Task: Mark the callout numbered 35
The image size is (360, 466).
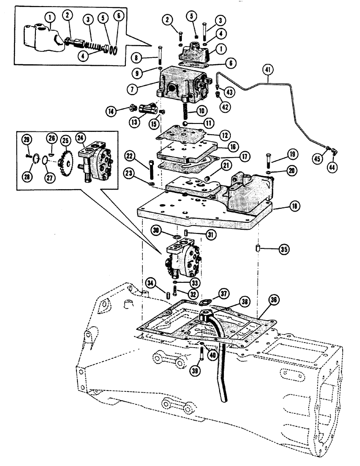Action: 283,250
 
